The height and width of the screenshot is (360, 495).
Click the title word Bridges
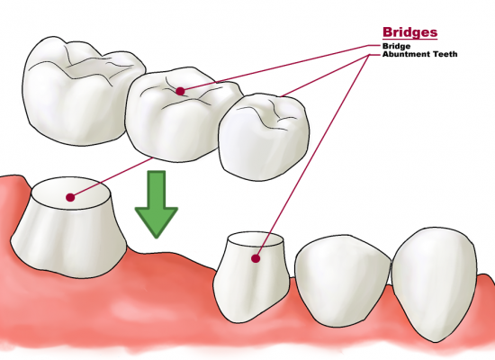410,32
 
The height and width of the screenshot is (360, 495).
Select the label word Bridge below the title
397,47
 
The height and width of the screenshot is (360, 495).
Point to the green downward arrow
157,204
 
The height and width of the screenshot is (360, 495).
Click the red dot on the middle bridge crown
180,91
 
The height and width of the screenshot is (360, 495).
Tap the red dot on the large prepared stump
70,198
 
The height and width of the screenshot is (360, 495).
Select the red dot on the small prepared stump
256,258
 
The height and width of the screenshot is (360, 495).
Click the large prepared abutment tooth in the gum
69,228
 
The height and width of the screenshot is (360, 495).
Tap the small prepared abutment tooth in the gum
252,278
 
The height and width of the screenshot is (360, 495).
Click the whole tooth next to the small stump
343,281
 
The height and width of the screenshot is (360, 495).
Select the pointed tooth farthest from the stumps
434,284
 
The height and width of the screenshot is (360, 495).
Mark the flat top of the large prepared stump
71,193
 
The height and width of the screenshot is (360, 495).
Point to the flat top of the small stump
256,240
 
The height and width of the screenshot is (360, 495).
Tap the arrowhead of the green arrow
157,222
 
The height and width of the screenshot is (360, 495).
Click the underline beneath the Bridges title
410,39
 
